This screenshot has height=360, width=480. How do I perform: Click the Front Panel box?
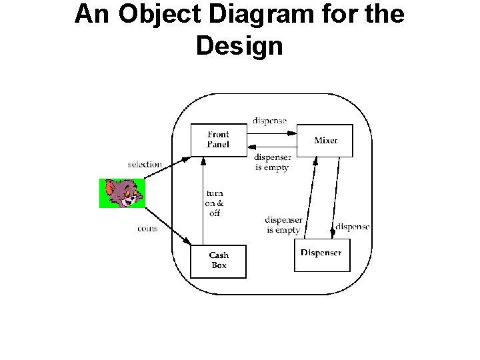(x=218, y=139)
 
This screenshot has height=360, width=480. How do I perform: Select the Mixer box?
(x=325, y=140)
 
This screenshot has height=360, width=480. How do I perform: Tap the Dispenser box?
(x=321, y=254)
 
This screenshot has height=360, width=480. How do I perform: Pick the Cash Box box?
(x=218, y=261)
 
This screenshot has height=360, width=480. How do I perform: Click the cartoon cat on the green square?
(x=122, y=193)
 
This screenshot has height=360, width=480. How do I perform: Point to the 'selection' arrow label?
(x=145, y=164)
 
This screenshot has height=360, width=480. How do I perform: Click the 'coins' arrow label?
(x=147, y=228)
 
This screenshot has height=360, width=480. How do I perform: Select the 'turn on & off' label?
(x=214, y=203)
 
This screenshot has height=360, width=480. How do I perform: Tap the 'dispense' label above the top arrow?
(x=269, y=121)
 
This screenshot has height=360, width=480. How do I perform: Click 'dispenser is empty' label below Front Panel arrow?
(x=272, y=163)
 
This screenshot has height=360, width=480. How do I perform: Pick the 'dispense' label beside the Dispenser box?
(x=352, y=227)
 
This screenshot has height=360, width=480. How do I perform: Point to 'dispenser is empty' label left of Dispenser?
(x=283, y=225)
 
